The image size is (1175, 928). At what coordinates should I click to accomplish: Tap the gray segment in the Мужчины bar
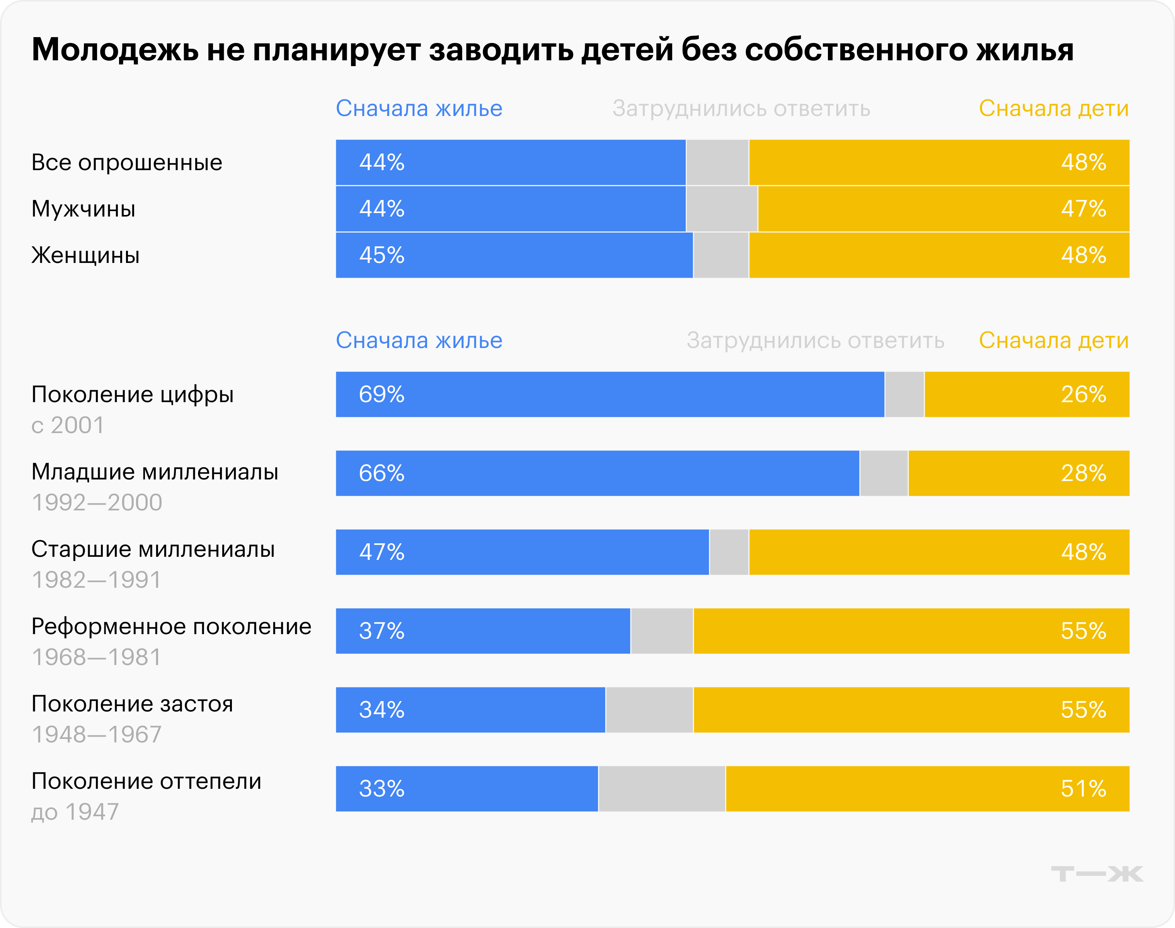coord(722,209)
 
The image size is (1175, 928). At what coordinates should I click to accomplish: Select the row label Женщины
coord(85,255)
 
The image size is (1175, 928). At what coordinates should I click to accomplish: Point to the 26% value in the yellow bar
coord(1083,394)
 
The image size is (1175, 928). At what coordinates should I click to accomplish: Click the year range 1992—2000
coord(97,503)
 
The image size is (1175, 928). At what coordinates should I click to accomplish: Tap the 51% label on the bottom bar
coord(1083,789)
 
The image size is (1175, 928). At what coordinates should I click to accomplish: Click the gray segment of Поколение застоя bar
coord(649,710)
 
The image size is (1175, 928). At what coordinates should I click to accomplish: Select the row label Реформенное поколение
coord(171,626)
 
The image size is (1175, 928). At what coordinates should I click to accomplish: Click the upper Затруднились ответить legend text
coord(741,109)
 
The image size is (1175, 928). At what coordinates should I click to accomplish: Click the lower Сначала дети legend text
coord(1053,341)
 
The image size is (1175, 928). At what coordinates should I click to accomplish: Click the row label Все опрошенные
coord(126,162)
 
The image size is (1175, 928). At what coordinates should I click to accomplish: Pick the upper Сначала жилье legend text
coord(419,109)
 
